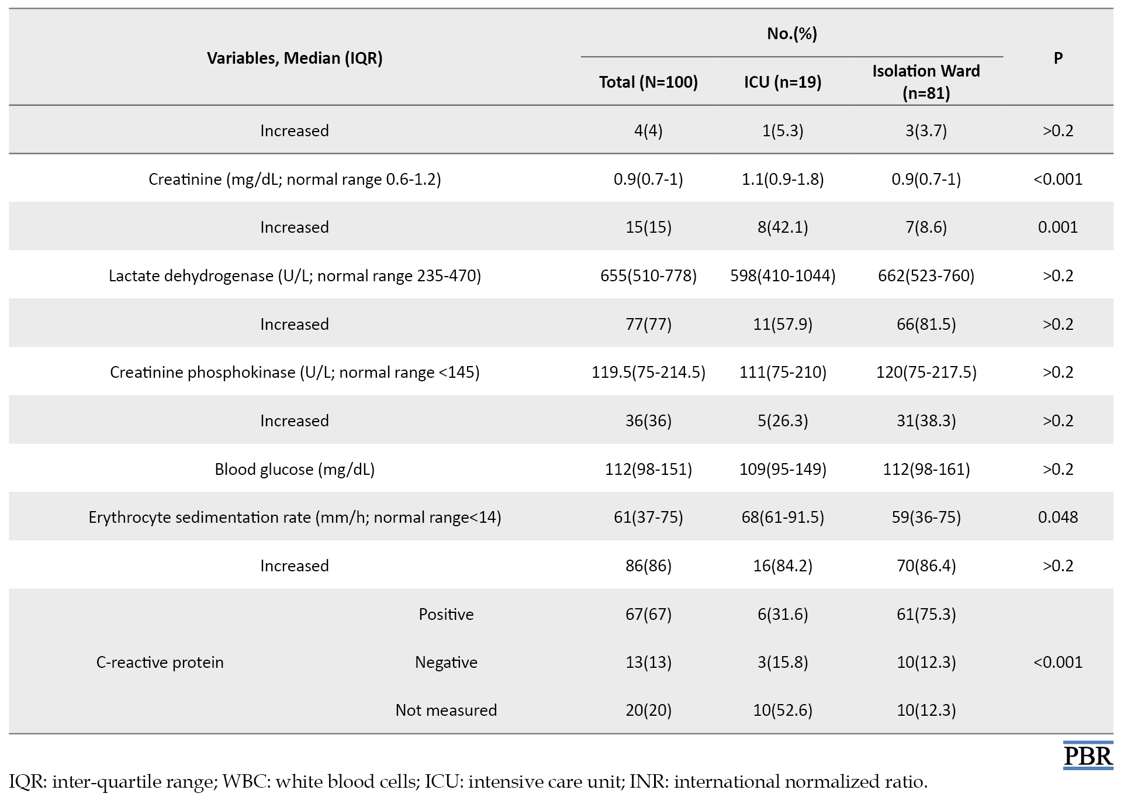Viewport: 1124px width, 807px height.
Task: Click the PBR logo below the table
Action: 1088,756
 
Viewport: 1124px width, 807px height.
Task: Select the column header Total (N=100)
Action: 648,82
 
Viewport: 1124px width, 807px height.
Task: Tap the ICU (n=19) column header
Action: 783,82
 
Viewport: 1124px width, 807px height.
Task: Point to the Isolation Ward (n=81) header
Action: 926,82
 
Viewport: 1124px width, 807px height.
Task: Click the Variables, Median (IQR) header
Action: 295,58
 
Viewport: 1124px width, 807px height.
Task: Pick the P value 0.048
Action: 1058,517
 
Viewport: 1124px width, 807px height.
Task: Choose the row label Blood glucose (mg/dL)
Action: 295,469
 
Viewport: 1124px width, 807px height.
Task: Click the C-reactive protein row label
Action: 160,662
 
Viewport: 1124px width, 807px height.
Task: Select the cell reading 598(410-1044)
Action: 783,275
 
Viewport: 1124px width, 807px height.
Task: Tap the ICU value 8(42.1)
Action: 783,227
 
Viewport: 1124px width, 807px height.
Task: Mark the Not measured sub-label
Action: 446,710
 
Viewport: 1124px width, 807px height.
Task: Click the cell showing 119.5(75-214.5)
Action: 648,372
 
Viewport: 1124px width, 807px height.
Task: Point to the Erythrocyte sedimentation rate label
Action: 295,517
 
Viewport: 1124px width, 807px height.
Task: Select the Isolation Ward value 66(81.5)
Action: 926,324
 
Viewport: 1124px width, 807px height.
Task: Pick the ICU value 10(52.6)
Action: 783,710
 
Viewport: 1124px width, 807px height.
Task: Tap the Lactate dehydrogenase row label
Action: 295,275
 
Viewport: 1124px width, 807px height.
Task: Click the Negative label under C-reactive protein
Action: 446,662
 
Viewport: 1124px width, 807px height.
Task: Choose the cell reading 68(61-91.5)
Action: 783,517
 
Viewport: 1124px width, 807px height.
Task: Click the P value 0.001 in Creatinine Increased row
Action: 1058,227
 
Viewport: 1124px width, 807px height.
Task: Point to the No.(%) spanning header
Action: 792,33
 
